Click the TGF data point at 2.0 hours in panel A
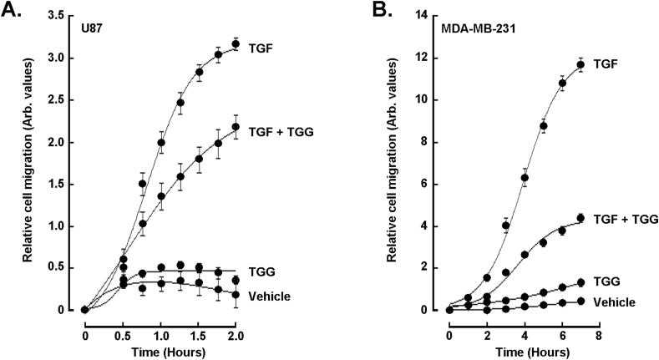click(x=236, y=44)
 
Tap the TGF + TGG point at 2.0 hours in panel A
click(x=236, y=127)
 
